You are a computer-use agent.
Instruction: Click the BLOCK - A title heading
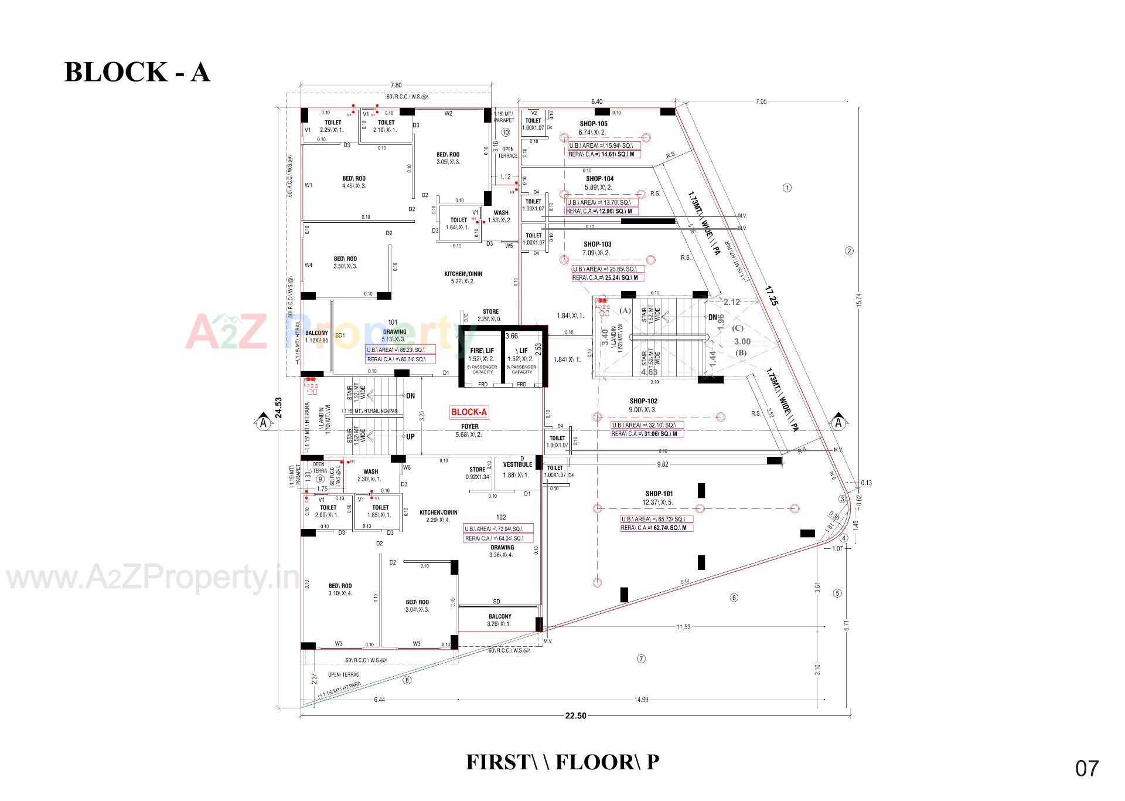coord(137,72)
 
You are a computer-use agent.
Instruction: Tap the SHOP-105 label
coord(594,124)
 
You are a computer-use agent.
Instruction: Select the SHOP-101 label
coord(659,494)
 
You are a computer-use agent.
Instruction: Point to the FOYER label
coord(470,427)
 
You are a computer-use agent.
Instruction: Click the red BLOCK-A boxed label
coord(469,412)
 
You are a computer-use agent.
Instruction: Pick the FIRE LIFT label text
coord(482,351)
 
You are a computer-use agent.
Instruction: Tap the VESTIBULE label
coord(517,464)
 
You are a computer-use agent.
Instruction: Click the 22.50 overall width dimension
coord(575,715)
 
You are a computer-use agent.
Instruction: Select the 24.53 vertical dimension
coord(279,408)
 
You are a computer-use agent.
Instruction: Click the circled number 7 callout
coord(641,659)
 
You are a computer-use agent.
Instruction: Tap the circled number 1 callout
coord(787,188)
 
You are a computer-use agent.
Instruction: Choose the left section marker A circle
coord(263,423)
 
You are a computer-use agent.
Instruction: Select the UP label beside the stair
coord(410,437)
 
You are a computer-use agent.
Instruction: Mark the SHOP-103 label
coord(597,244)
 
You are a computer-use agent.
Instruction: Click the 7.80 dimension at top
coord(396,86)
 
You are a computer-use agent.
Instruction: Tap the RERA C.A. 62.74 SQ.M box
coord(656,528)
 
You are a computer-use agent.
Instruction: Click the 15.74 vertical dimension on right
coord(859,300)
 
